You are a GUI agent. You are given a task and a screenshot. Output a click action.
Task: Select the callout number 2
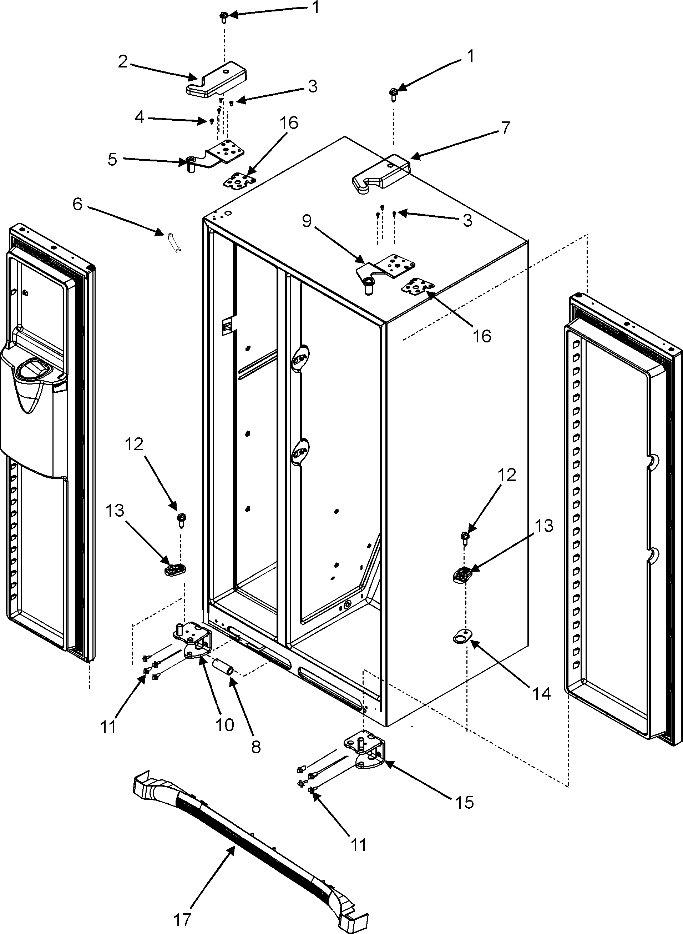pos(123,62)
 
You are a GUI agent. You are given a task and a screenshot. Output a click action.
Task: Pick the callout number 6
pos(78,204)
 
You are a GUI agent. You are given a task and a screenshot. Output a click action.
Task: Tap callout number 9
pos(307,221)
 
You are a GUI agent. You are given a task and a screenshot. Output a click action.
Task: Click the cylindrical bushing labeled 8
pos(224,666)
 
